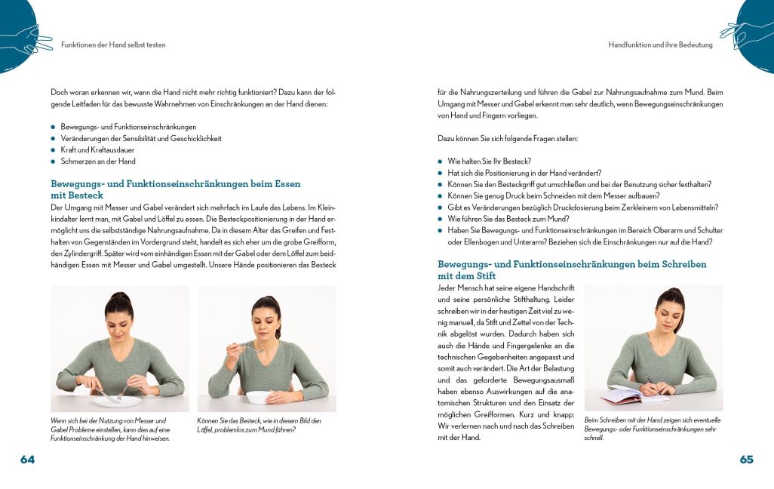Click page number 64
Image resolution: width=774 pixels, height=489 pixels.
pos(28,459)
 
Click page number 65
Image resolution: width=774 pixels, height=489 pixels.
pos(746,459)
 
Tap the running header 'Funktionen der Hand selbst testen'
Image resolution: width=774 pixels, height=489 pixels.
pos(113,45)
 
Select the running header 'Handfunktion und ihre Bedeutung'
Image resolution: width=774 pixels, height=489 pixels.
pos(660,45)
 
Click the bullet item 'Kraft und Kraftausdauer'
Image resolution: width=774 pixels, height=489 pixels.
pos(92,150)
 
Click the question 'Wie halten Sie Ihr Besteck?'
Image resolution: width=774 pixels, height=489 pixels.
pos(490,161)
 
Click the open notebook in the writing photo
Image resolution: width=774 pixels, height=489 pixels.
pos(625,395)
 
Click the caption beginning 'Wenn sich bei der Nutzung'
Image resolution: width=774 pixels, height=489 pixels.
pos(110,429)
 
